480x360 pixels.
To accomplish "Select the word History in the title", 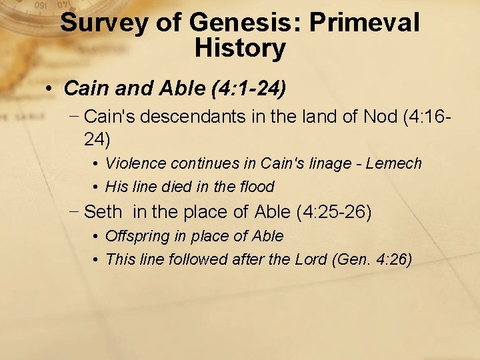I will (x=240, y=48).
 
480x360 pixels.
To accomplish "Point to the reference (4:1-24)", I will (x=249, y=88).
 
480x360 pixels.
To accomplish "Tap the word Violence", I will (x=135, y=163).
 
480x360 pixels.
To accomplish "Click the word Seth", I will (x=103, y=213).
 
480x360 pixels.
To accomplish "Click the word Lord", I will (x=311, y=259).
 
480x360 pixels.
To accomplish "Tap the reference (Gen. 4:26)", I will (x=372, y=259).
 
